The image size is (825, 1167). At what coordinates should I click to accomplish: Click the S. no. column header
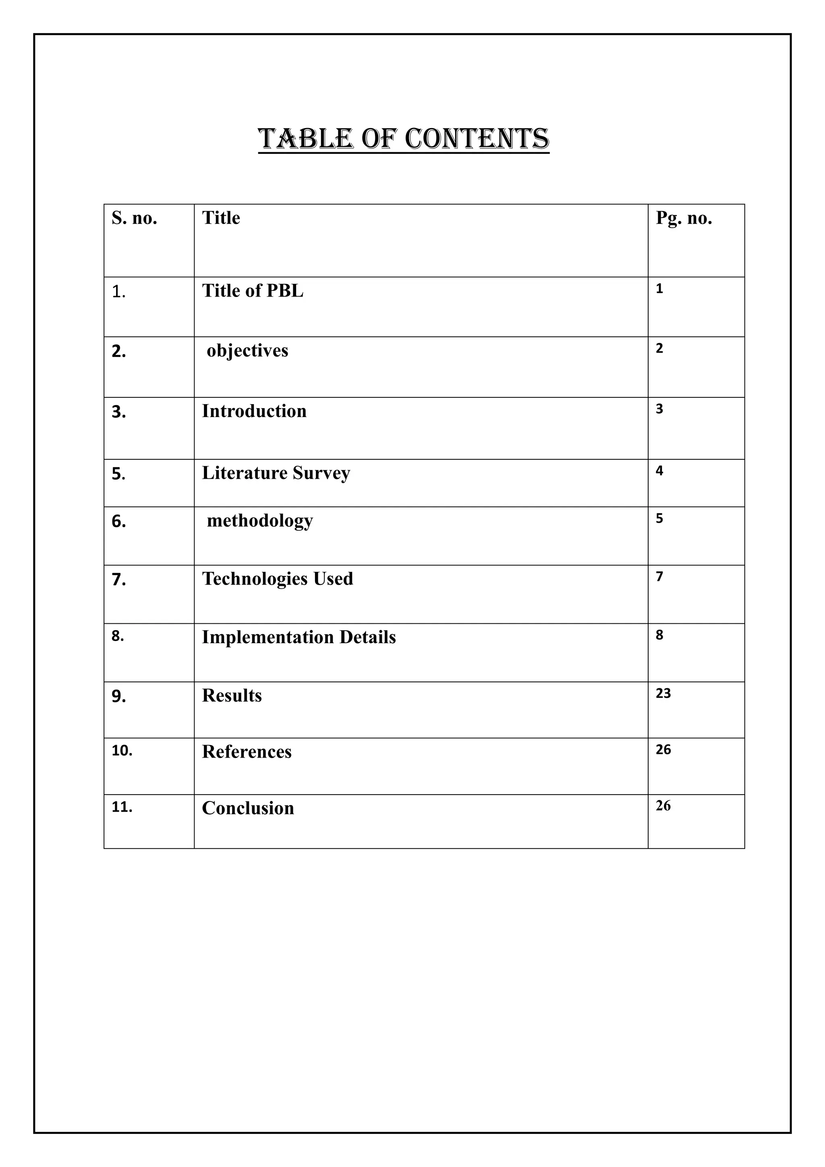134,218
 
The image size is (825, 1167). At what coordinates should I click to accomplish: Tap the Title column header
221,218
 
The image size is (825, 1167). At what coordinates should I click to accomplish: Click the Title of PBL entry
253,291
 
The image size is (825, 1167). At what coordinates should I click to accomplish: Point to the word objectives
247,351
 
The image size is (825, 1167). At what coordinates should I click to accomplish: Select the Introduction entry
254,411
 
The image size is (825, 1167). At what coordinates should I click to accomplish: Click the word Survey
321,473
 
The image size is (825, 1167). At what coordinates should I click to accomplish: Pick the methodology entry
259,521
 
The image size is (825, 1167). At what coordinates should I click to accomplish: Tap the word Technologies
255,579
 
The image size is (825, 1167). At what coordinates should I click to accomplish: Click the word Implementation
268,637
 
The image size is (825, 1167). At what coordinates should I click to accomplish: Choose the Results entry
232,696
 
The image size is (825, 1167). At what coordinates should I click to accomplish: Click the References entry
247,752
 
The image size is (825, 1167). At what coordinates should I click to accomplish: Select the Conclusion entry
248,808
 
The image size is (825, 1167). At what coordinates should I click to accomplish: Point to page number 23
663,693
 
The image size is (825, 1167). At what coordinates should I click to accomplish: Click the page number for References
663,750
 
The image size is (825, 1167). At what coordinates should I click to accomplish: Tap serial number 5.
118,474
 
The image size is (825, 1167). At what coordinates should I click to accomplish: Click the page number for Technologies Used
659,576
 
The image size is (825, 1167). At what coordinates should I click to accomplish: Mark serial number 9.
118,697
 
